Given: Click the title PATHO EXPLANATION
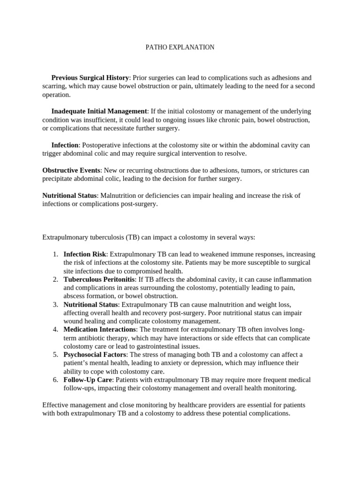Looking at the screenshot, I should point(180,47).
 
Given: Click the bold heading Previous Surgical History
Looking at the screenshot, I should point(90,78).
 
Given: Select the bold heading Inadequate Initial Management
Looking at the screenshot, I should point(99,112).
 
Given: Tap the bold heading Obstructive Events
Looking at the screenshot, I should point(71,170).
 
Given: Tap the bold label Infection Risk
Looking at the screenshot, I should point(85,254).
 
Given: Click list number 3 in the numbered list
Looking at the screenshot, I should point(55,304).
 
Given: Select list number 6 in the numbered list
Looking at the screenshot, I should point(55,380).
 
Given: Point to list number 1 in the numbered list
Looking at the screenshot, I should point(55,254).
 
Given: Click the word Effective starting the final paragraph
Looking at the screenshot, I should point(56,405).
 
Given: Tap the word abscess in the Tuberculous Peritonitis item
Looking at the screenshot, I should point(75,296).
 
